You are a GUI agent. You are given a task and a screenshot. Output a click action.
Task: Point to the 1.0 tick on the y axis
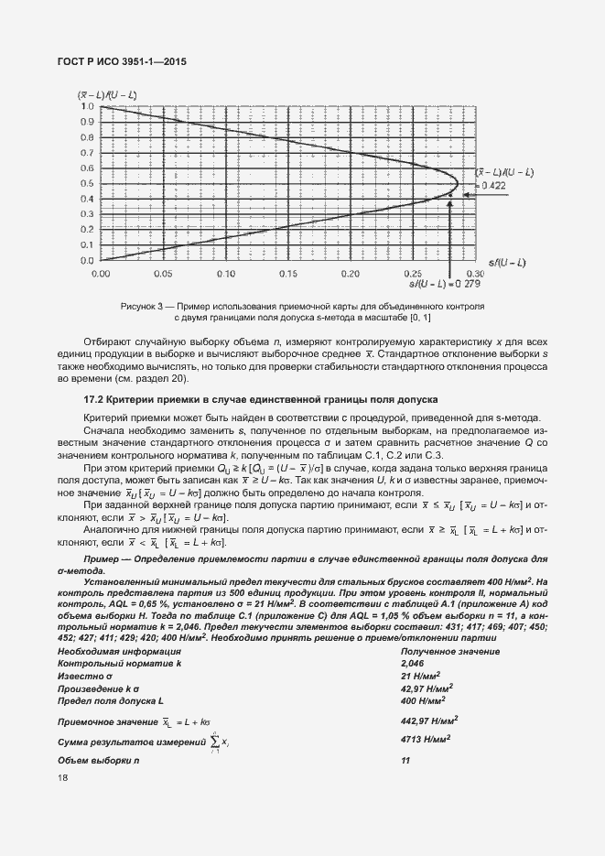click(88, 106)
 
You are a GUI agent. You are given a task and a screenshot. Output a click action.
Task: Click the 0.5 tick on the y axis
click(88, 183)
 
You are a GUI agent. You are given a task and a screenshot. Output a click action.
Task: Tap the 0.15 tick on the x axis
click(287, 273)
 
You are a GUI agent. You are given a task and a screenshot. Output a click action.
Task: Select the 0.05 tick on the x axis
click(163, 273)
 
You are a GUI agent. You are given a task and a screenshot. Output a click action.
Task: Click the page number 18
click(62, 778)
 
